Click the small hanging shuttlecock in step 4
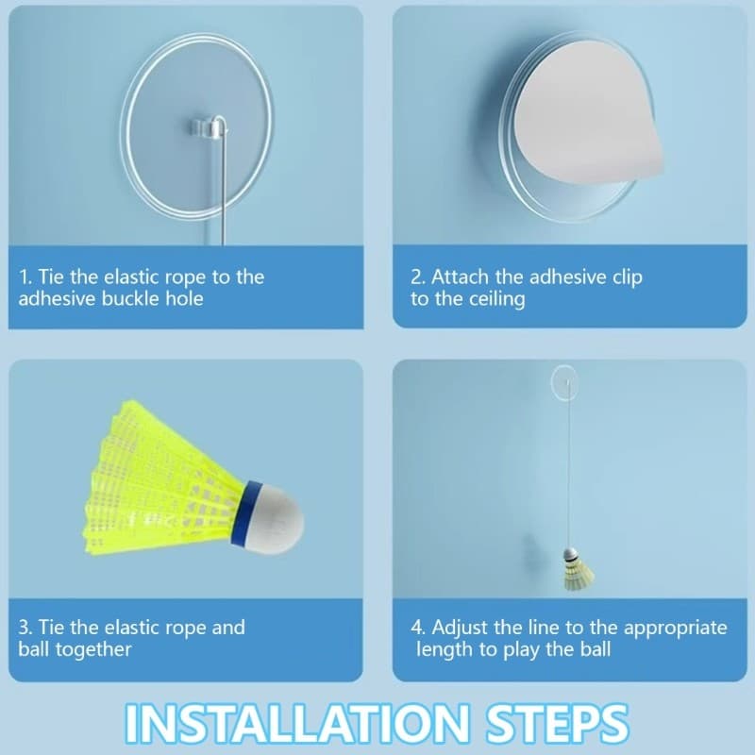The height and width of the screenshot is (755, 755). click(x=573, y=571)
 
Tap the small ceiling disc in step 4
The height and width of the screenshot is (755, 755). click(x=564, y=379)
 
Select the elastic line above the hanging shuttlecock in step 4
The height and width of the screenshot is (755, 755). click(x=568, y=472)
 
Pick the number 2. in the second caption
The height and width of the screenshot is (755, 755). click(x=418, y=277)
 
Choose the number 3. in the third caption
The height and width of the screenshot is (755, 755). click(x=25, y=628)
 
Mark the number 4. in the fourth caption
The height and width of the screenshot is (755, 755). click(x=418, y=628)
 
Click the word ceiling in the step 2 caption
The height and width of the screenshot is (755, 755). click(x=495, y=300)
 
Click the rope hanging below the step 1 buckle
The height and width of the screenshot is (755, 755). click(x=223, y=189)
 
